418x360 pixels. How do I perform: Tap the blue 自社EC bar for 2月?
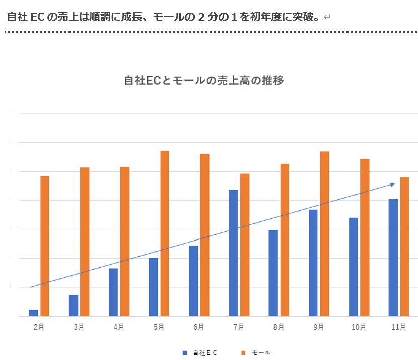tap(33, 313)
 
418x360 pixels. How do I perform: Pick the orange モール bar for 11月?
tap(404, 247)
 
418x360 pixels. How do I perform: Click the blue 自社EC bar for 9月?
tap(313, 263)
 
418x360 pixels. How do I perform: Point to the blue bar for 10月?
tap(353, 267)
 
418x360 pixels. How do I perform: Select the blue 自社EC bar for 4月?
tap(113, 292)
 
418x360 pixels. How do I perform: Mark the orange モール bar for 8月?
tap(285, 240)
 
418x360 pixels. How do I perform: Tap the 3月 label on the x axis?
tap(79, 327)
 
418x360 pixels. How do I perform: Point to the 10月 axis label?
tap(359, 327)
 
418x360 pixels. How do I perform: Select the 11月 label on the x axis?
tap(398, 327)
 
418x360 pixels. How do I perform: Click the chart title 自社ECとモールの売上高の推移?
tap(204, 81)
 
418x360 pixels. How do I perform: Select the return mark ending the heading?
tap(327, 18)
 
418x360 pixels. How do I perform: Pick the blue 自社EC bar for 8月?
tap(273, 273)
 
